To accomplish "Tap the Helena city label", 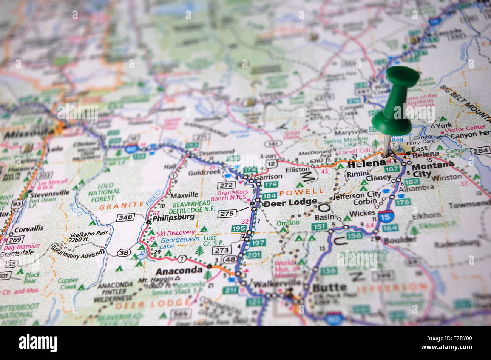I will click(x=366, y=164).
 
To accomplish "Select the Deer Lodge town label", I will click(x=290, y=203).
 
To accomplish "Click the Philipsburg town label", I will click(x=173, y=217).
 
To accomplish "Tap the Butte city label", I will click(x=329, y=287).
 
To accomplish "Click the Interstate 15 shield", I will click(x=385, y=217).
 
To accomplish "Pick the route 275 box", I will click(x=227, y=214).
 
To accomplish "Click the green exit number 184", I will click(x=269, y=196).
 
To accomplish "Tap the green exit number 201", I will click(x=253, y=255).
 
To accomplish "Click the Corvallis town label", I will click(x=29, y=229).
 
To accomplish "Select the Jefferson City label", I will click(x=357, y=195).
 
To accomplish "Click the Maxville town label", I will click(x=184, y=195).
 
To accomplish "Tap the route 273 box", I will click(x=222, y=250).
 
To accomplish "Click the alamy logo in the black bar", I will click(x=38, y=343).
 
